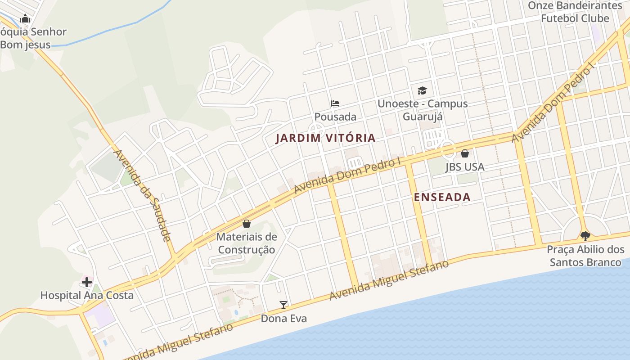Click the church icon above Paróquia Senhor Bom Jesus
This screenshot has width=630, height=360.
point(25,18)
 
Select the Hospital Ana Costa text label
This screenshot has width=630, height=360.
point(87,296)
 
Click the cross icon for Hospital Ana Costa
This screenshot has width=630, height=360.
point(87,282)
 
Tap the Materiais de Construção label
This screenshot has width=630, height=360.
point(247,243)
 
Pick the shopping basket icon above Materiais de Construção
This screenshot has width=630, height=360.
point(247,223)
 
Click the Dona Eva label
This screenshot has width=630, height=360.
point(284,319)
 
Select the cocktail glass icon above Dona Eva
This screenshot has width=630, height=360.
point(283,305)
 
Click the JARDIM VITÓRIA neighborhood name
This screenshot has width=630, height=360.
point(325,138)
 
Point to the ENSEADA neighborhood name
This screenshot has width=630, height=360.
point(442,197)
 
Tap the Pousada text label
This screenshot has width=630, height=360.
point(335,117)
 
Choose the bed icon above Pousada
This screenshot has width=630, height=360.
point(335,103)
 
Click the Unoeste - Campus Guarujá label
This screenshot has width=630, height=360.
point(423,110)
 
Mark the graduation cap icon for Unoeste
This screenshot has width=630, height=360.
point(422,90)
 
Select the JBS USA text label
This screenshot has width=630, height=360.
point(465,167)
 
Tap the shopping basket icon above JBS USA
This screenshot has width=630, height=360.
point(465,153)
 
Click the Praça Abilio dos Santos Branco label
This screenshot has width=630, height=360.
point(585,256)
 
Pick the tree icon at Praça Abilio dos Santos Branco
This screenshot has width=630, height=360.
point(585,236)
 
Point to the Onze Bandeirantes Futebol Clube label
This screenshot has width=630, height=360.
point(575,12)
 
